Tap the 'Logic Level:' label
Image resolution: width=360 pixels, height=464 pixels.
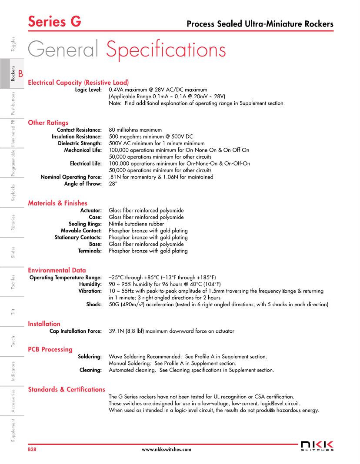[x=89, y=90]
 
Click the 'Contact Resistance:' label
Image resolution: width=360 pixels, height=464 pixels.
[x=80, y=130]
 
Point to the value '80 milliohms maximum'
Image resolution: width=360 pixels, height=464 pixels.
[x=135, y=130]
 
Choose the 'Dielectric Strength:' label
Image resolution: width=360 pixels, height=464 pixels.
[x=80, y=143]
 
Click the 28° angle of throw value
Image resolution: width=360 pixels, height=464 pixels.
[x=113, y=184]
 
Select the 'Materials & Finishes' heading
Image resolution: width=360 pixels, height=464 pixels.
[x=57, y=203]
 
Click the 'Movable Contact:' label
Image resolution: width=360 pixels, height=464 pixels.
[x=81, y=231]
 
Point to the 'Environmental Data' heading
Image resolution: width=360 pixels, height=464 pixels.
[x=57, y=270]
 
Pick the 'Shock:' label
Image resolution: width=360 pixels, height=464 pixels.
[x=94, y=304]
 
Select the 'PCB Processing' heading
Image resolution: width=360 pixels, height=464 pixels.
[x=50, y=349]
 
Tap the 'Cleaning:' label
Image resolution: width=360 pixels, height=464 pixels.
[x=90, y=370]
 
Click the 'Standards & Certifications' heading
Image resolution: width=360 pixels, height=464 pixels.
[x=67, y=389]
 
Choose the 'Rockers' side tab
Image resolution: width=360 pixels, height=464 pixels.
[x=13, y=73]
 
